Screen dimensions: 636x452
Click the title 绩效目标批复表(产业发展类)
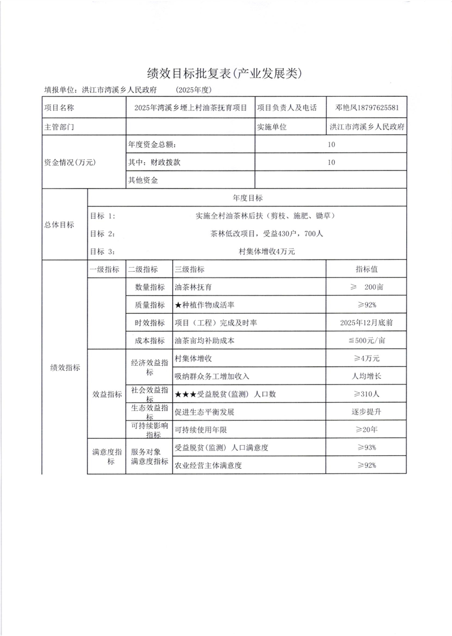[225, 72]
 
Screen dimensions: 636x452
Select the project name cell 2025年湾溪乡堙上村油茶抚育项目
[191, 108]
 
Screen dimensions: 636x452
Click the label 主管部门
[59, 126]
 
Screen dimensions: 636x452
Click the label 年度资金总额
[156, 144]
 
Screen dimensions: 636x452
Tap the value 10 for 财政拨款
[331, 163]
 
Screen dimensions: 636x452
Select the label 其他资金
[143, 181]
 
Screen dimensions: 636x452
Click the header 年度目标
[248, 198]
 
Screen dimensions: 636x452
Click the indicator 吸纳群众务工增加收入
[212, 376]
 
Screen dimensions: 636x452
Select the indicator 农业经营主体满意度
[208, 466]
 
